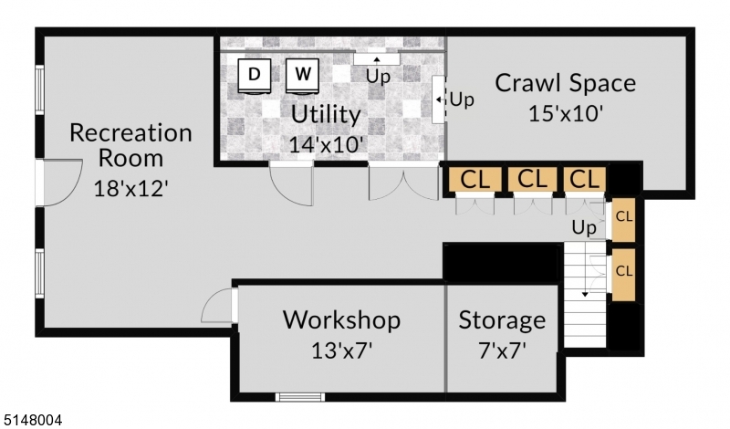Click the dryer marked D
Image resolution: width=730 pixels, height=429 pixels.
(255, 76)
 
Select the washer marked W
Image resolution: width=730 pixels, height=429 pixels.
(303, 76)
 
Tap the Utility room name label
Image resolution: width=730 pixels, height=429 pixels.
(326, 116)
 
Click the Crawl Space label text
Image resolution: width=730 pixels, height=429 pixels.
(565, 83)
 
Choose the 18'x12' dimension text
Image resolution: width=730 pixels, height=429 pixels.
(131, 188)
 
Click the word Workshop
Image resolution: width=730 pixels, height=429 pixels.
(341, 320)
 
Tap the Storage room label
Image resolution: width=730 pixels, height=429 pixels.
(502, 320)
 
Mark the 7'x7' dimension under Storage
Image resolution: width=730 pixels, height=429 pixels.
(502, 349)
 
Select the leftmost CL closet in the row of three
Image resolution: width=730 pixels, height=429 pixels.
(474, 180)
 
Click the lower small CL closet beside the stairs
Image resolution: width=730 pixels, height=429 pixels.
(624, 272)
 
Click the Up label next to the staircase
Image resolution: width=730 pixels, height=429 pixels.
(584, 226)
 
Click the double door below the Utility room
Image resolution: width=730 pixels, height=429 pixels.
(403, 182)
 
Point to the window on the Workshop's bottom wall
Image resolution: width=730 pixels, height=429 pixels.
(300, 396)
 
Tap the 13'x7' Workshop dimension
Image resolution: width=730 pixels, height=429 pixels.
(341, 349)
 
